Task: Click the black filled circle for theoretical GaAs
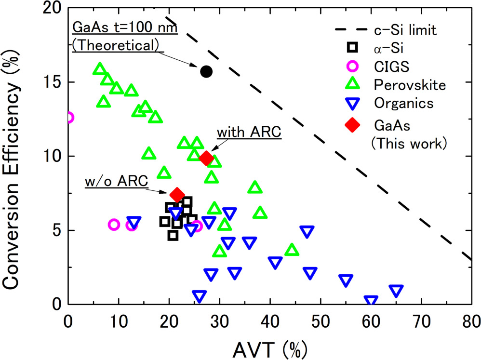pyautogui.click(x=206, y=71)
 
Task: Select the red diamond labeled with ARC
pyautogui.click(x=206, y=159)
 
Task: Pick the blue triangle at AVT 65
pyautogui.click(x=396, y=291)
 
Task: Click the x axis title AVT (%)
pyautogui.click(x=269, y=346)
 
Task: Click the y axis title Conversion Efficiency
pyautogui.click(x=14, y=159)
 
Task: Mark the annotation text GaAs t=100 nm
pyautogui.click(x=125, y=28)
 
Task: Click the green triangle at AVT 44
pyautogui.click(x=292, y=250)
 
